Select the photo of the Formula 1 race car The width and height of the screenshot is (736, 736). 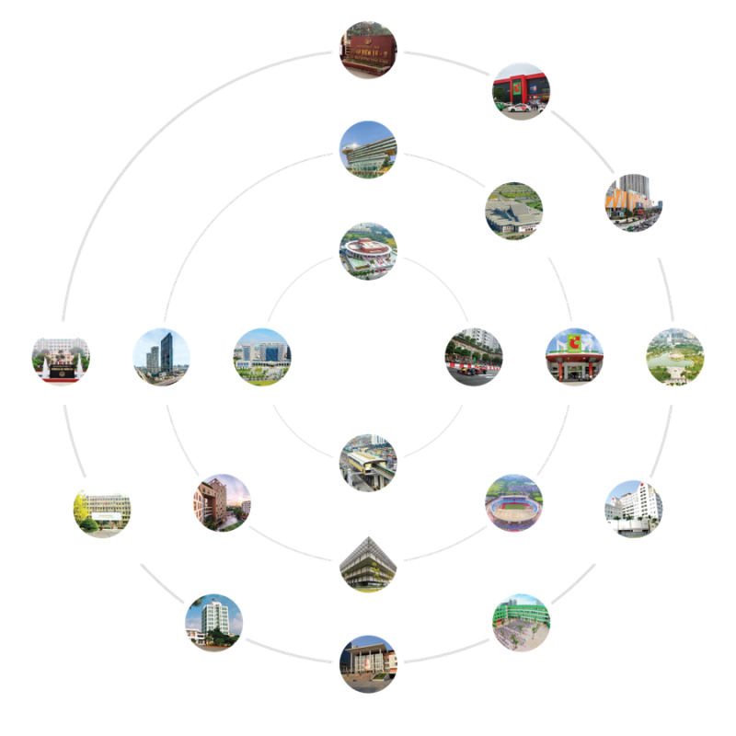[474, 356]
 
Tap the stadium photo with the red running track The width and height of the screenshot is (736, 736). [513, 502]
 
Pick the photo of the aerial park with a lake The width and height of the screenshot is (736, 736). [675, 356]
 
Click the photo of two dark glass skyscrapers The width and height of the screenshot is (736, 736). [161, 356]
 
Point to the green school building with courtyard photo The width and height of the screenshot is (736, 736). [521, 623]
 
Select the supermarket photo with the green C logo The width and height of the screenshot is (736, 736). [574, 356]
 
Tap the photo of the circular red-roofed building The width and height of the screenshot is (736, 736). [368, 250]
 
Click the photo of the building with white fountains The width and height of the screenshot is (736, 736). [61, 356]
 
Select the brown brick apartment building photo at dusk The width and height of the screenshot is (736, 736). [222, 502]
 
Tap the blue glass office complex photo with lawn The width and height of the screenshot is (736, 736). [262, 356]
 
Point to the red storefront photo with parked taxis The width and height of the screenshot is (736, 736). [521, 91]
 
